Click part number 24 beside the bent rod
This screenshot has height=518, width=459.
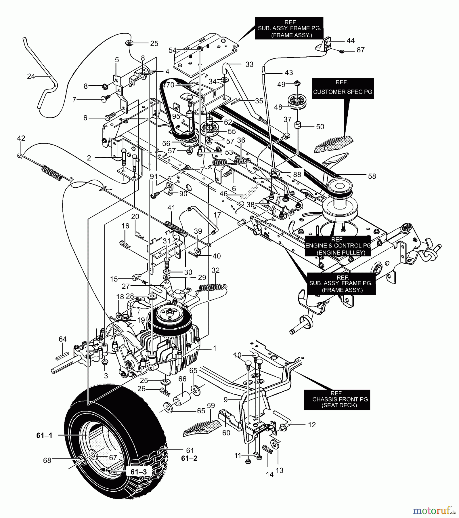pos(31,76)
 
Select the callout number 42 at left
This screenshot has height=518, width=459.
pos(21,138)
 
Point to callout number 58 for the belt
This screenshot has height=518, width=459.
pos(372,176)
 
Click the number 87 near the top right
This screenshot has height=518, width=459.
pos(360,50)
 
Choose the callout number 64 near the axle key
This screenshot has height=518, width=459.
pos(63,339)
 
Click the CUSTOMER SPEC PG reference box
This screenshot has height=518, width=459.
pos(343,88)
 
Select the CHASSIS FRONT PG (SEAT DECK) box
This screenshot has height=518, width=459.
pos(337,400)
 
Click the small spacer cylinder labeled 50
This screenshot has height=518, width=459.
pos(298,125)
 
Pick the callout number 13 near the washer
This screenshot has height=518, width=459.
pos(279,470)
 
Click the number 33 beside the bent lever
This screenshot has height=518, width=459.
pos(249,64)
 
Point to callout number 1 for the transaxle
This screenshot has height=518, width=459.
pos(214,348)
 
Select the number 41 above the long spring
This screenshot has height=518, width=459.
pos(171,208)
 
